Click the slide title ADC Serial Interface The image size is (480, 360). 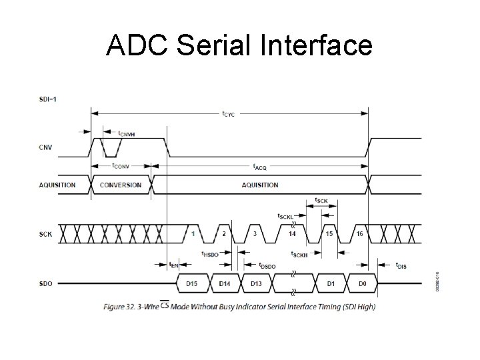tap(239, 45)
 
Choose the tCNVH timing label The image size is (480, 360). tap(126, 133)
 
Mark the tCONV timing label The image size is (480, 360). tap(121, 165)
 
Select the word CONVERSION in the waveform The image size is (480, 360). tap(120, 185)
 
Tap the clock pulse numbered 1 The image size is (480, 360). tap(193, 234)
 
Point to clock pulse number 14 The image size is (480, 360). tap(293, 234)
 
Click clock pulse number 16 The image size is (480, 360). tap(359, 234)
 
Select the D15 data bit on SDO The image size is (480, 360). tap(192, 284)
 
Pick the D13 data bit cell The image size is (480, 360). tap(256, 284)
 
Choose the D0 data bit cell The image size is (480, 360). tap(362, 284)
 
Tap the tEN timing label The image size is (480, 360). tap(173, 265)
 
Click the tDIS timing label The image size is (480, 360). tap(401, 265)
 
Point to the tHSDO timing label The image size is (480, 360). tap(210, 254)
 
